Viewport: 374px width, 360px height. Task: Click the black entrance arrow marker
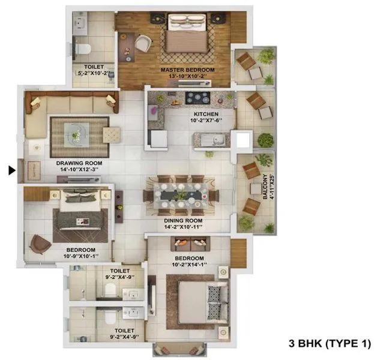click(x=11, y=171)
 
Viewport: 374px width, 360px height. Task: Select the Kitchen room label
click(x=206, y=113)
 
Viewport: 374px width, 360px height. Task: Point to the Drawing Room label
click(x=79, y=163)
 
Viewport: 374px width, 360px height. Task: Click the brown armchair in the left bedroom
click(x=40, y=242)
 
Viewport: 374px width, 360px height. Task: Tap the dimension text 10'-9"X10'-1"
click(x=81, y=257)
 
